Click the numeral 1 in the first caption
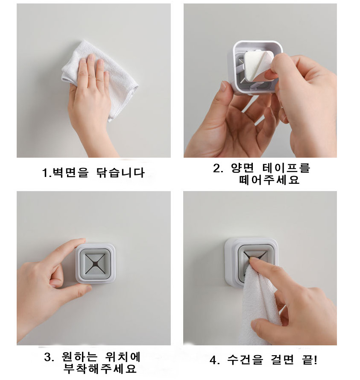[x=45, y=173]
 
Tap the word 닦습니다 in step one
[x=120, y=173]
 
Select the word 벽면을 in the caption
[x=70, y=173]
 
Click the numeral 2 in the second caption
[x=217, y=168]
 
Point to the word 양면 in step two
[x=242, y=168]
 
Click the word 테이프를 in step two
[x=286, y=168]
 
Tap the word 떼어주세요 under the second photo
[x=269, y=180]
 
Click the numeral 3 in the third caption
[x=47, y=357]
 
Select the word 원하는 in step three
[x=79, y=357]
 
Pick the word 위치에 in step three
[x=123, y=357]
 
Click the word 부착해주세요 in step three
[x=100, y=369]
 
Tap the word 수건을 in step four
[x=245, y=359]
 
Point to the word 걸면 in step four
[x=282, y=359]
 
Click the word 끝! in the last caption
[x=310, y=359]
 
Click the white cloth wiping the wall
[x=114, y=75]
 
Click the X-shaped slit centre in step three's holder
[x=95, y=263]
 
